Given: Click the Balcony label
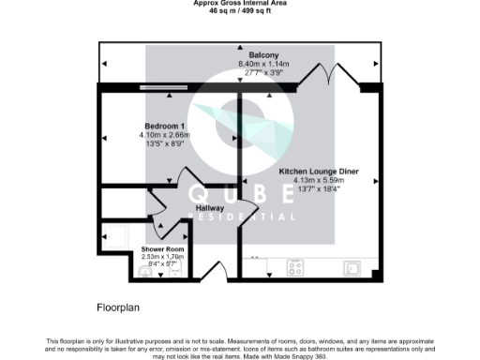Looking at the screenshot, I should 251,55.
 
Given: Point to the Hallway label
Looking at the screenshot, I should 210,209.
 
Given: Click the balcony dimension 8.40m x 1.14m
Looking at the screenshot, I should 251,64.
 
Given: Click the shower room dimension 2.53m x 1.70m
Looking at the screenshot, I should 164,255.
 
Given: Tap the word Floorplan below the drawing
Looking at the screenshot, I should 119,307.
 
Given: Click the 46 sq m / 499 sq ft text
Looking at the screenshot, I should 239,10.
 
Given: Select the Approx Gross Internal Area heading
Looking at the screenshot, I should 239,3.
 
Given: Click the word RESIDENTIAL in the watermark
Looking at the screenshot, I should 242,217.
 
